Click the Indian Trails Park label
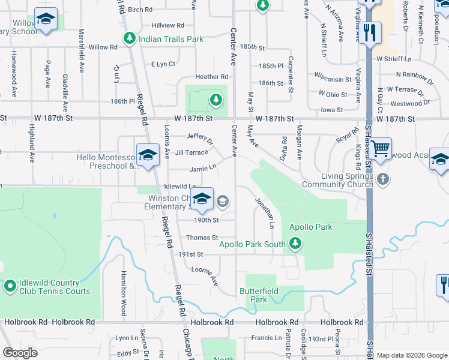click(x=171, y=39)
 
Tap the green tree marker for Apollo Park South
click(x=295, y=243)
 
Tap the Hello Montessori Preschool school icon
click(x=146, y=155)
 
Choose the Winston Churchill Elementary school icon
click(x=202, y=200)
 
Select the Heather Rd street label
click(x=211, y=77)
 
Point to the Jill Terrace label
click(x=191, y=153)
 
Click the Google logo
click(x=20, y=353)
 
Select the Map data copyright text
click(x=411, y=355)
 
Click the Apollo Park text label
click(x=311, y=227)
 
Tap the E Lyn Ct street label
click(x=163, y=64)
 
